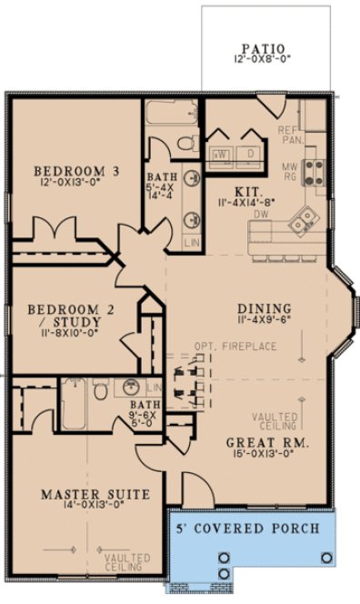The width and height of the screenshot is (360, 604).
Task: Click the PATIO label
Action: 264,49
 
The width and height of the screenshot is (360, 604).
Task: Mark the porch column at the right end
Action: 325,557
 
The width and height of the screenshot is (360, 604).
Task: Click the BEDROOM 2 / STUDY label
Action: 63,315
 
